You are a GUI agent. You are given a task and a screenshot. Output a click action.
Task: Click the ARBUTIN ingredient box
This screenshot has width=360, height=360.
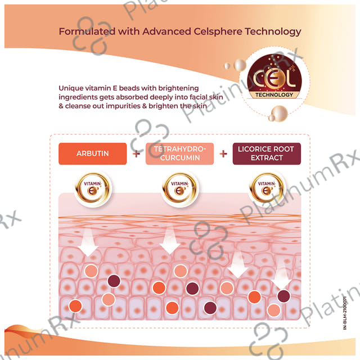[x=92, y=154]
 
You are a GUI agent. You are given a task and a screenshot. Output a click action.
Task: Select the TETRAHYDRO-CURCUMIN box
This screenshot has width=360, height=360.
[x=179, y=154]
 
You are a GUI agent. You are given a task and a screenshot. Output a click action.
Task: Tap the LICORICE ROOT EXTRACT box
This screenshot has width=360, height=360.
[x=267, y=154]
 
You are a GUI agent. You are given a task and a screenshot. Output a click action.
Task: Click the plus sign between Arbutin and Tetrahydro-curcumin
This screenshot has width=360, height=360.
[x=136, y=154]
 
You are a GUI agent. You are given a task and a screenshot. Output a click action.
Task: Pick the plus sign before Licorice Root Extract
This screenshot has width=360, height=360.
[x=223, y=154]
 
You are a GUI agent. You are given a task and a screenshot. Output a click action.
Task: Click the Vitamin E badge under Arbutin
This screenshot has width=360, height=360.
[x=93, y=189]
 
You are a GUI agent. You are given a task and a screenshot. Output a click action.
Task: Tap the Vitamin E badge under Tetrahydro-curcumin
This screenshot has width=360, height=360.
[x=180, y=189]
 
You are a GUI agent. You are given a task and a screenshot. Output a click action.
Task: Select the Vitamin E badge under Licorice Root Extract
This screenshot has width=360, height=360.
[x=267, y=189]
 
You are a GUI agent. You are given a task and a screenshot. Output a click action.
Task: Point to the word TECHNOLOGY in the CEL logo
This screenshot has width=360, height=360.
[x=274, y=95]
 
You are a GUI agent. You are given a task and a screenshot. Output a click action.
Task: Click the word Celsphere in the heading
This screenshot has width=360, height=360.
[x=218, y=31]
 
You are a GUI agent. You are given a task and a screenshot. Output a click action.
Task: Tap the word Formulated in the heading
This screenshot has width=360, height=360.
[x=87, y=31]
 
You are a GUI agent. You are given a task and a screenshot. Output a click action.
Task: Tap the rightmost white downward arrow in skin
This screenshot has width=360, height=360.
[x=281, y=274]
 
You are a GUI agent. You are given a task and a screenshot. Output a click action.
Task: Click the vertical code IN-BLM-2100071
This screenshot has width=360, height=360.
[x=345, y=313]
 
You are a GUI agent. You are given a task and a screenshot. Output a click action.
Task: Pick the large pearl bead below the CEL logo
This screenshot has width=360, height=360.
[x=279, y=114]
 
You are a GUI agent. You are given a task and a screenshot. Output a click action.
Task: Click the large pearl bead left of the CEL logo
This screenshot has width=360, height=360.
[x=240, y=65]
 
